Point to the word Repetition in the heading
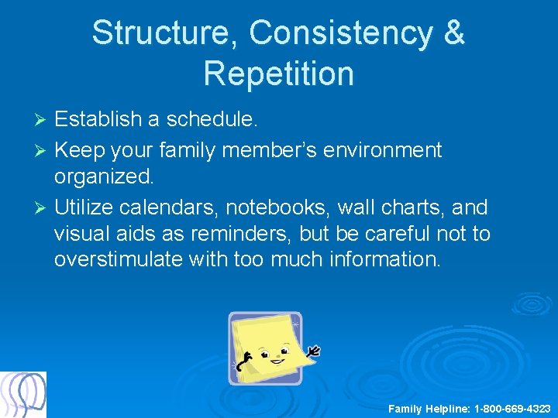coord(278,74)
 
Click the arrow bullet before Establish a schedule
coord(43,121)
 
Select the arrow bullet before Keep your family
coord(43,150)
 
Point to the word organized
coord(104,177)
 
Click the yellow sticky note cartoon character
coord(266,348)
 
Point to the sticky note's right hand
coord(313,352)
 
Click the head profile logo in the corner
coord(23,395)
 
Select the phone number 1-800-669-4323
coord(512,408)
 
